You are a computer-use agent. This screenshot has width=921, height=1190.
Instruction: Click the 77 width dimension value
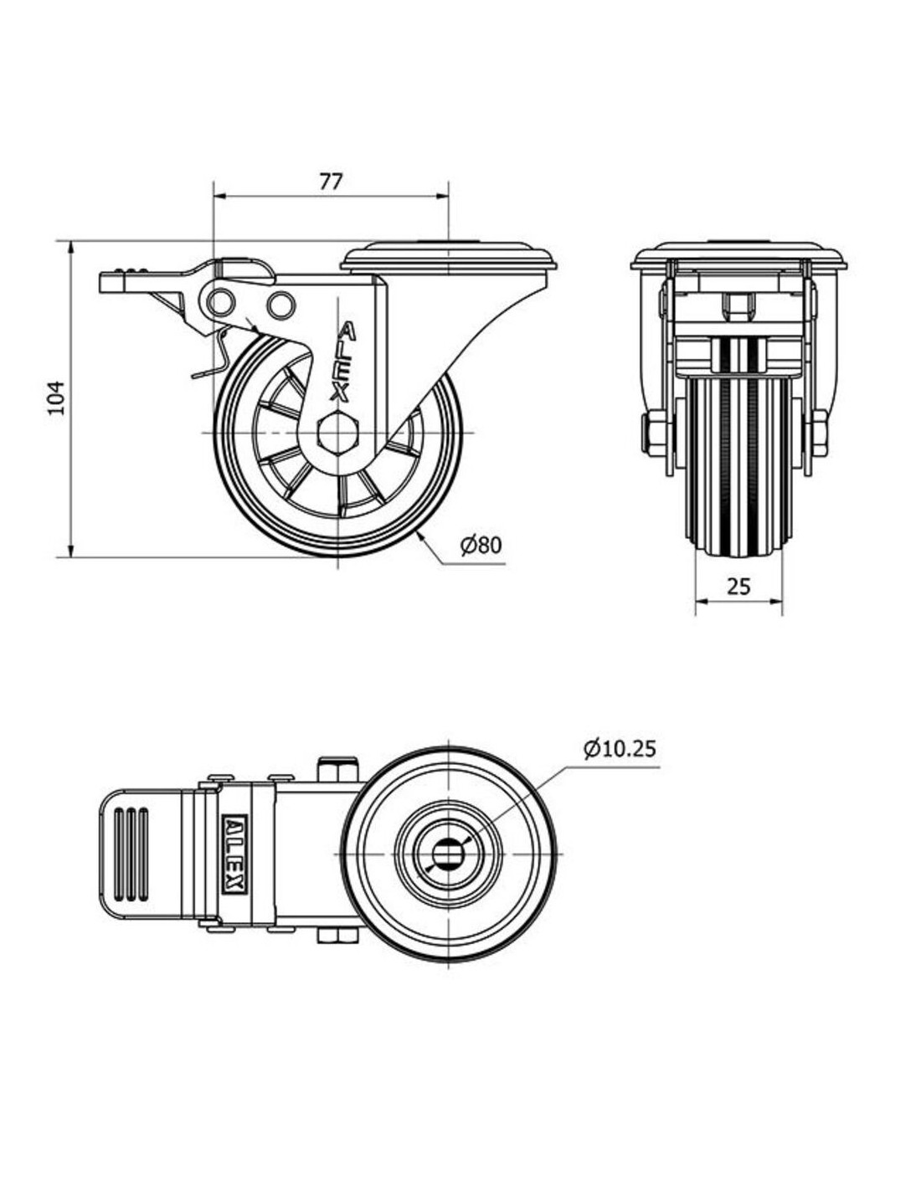point(331,182)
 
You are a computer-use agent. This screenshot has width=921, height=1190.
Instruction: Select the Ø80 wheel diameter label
point(481,546)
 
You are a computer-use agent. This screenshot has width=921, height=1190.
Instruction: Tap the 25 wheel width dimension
point(738,587)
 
